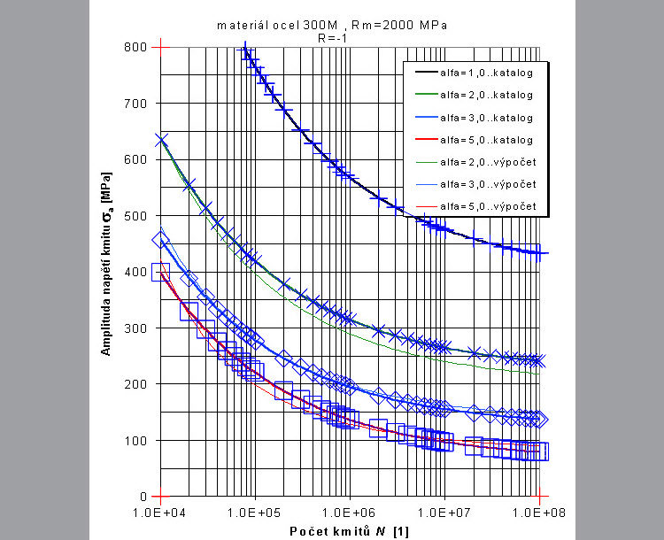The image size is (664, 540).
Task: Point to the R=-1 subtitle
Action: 331,37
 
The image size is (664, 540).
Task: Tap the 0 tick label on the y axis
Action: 143,497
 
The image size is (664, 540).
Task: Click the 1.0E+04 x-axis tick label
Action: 161,512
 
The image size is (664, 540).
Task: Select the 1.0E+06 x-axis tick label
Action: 350,512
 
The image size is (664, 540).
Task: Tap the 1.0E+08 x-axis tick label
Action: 538,512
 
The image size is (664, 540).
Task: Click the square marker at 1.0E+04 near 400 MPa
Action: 160,272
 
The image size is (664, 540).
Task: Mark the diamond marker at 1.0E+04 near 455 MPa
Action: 160,240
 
